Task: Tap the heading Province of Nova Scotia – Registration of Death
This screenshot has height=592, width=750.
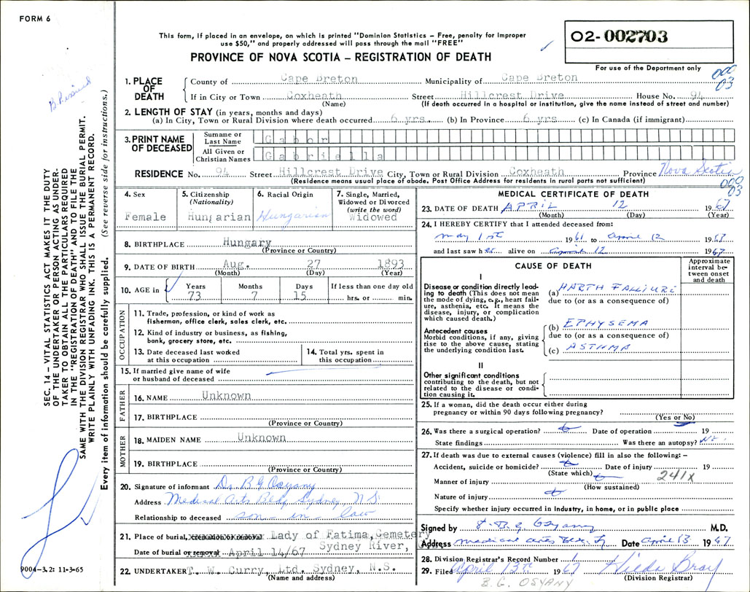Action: (x=340, y=57)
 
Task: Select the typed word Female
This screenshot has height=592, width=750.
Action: (x=146, y=217)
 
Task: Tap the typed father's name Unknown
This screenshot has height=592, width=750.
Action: (x=227, y=395)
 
